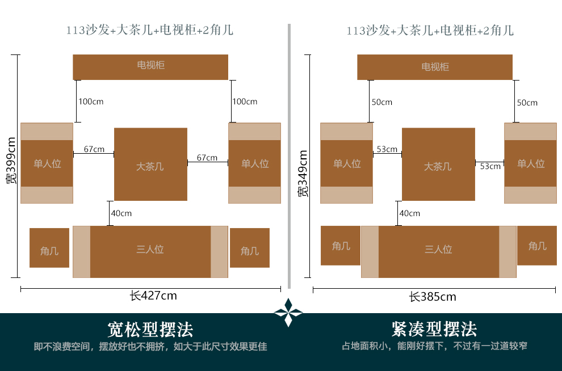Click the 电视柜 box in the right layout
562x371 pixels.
coord(435,67)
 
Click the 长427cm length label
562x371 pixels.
coord(153,296)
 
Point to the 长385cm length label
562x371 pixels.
coord(433,297)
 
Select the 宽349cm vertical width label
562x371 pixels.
coord(303,174)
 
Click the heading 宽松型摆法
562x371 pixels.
coord(150,329)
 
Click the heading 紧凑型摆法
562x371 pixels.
coord(434,329)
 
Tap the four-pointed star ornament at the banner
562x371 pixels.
coord(288,313)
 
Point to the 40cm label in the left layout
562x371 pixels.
coord(121,213)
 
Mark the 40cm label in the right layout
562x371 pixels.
coord(410,213)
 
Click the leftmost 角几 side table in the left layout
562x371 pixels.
coord(49,248)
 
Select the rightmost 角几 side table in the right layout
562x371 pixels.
coord(537,246)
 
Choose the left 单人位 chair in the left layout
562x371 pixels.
coord(47,163)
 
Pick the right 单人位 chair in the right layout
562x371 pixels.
coord(530,163)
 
